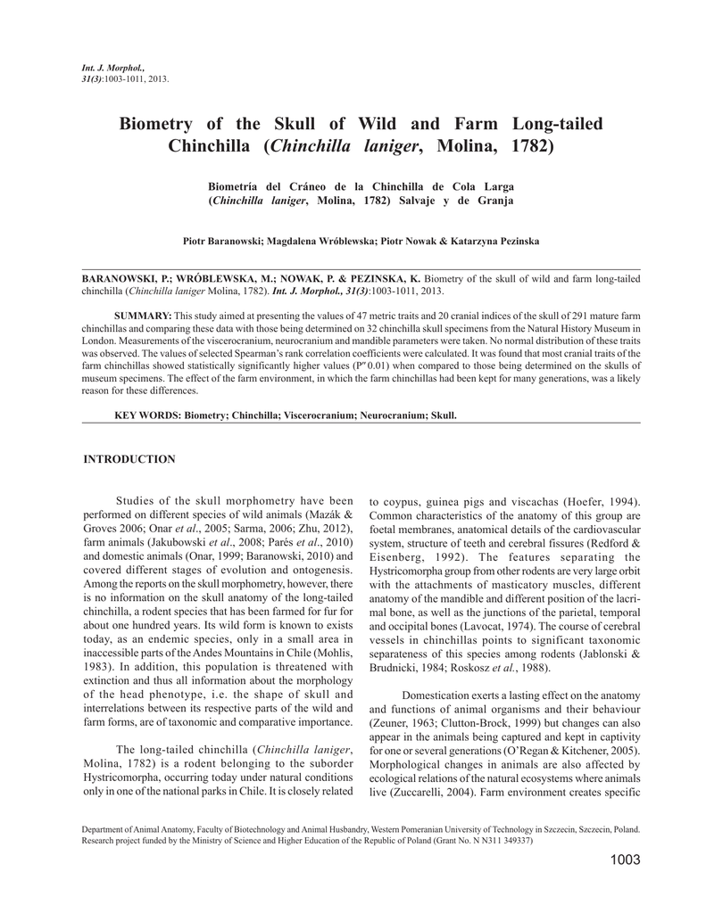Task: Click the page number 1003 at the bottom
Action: tap(626, 860)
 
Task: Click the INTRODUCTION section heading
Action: tap(129, 459)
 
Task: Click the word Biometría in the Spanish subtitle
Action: tap(236, 185)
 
